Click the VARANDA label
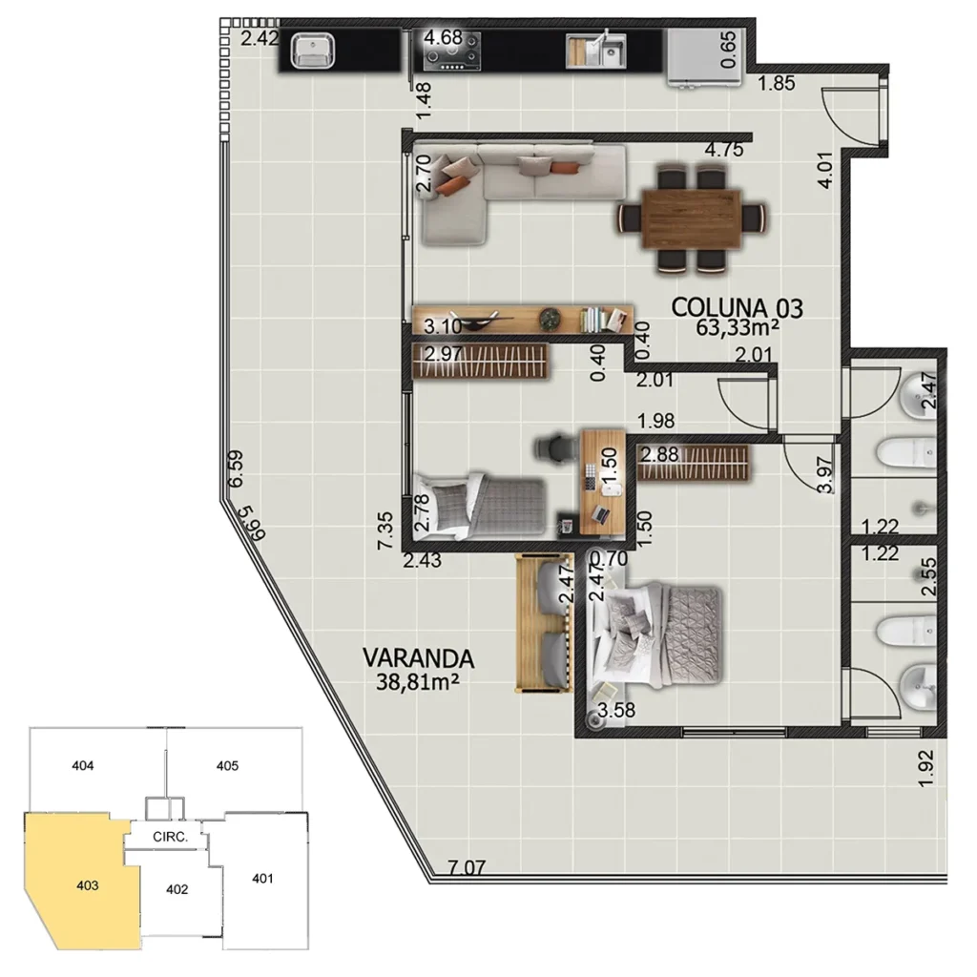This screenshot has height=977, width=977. point(418,657)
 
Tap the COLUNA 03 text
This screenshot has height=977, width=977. point(737,307)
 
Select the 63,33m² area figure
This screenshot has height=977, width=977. point(739,328)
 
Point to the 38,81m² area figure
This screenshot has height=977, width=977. point(420,680)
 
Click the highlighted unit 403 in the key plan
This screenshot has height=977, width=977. point(85,883)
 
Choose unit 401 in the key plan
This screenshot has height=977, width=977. point(262,878)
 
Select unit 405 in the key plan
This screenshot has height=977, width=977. point(227,765)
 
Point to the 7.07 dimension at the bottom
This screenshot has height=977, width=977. point(467,868)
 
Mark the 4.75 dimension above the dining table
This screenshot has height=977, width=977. point(723,150)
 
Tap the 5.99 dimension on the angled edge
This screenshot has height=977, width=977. point(251,523)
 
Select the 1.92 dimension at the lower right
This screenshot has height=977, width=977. point(924,769)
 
